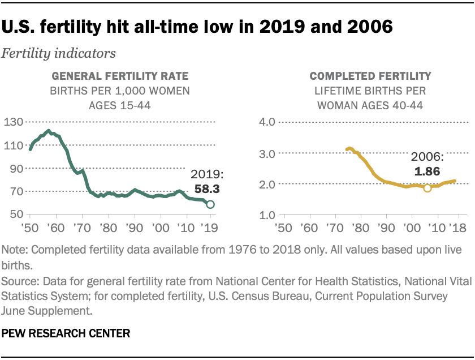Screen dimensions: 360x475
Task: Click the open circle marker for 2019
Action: (x=210, y=204)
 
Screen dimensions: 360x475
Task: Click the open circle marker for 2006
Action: (x=427, y=188)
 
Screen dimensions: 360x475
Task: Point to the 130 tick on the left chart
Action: (x=14, y=122)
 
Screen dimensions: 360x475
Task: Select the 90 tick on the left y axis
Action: (x=17, y=169)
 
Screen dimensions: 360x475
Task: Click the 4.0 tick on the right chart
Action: (x=267, y=122)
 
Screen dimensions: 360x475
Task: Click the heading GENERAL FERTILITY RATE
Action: (x=121, y=76)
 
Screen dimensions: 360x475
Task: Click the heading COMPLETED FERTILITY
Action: (x=370, y=76)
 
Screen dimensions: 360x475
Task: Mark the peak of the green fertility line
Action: (x=49, y=131)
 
